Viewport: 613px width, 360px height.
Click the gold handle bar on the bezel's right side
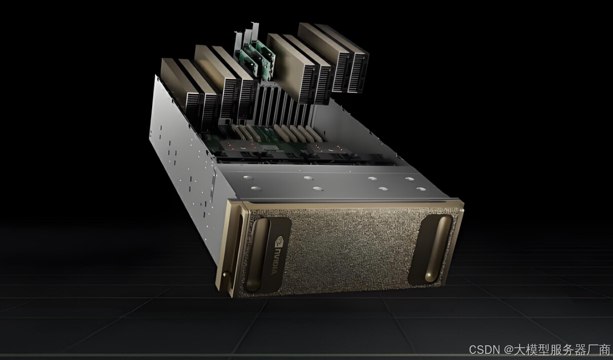[x=439, y=248]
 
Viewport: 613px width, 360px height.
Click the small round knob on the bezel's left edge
[x=225, y=274]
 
